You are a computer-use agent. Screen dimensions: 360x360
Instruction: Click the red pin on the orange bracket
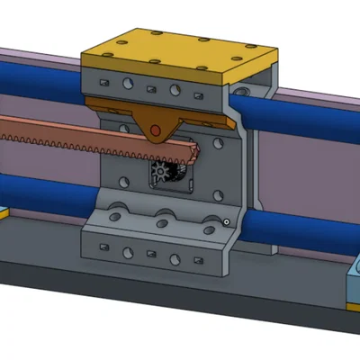pos(156,131)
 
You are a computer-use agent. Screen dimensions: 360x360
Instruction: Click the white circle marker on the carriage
pos(227,221)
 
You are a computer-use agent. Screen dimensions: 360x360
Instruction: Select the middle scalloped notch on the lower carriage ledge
pos(165,217)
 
